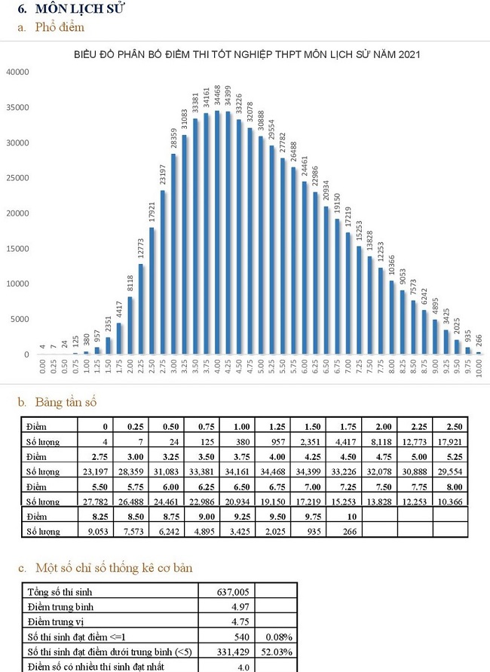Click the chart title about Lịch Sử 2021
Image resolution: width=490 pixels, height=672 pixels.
tap(247, 55)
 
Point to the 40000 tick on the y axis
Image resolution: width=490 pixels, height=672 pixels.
tap(17, 72)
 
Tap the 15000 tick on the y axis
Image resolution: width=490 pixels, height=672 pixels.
tap(17, 249)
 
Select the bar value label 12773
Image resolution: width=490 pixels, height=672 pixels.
tap(141, 250)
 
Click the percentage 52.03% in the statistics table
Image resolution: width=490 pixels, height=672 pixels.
tap(275, 652)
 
